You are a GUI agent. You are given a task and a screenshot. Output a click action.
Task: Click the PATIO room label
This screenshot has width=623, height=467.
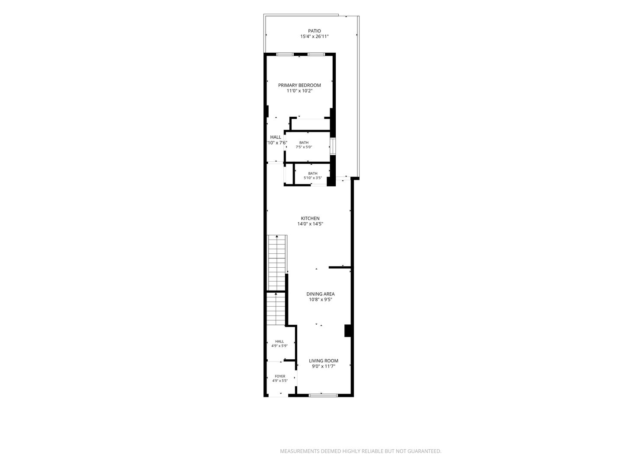tap(314, 31)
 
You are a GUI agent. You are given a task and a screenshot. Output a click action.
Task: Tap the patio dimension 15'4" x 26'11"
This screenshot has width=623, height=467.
tap(314, 37)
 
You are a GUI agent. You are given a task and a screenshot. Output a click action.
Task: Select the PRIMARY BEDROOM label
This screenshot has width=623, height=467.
tap(299, 85)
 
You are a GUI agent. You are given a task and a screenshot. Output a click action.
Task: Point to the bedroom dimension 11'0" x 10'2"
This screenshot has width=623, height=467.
tap(299, 91)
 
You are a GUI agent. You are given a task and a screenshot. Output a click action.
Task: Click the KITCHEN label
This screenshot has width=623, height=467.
tap(310, 218)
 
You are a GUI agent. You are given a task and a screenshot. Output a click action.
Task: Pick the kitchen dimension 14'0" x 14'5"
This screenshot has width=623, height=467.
tap(310, 224)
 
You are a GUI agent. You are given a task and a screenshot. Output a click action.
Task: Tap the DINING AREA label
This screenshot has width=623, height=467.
tap(320, 294)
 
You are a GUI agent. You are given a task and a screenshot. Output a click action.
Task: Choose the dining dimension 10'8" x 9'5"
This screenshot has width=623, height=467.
tap(320, 299)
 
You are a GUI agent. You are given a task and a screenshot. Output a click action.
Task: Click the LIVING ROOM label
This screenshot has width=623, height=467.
tap(323, 361)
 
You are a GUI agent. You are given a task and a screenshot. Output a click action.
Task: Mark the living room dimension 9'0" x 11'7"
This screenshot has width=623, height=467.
tap(323, 366)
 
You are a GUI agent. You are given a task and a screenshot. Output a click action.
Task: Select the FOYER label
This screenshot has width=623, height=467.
tap(280, 376)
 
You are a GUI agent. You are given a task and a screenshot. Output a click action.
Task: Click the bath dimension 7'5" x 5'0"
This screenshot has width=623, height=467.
tap(304, 147)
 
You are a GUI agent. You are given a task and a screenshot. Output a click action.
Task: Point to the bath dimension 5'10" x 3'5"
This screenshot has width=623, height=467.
tap(312, 178)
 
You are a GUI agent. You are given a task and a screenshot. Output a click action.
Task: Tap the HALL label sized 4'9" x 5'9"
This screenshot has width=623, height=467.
tap(279, 342)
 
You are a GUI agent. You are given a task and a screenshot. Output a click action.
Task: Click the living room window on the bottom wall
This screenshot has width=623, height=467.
tap(323, 395)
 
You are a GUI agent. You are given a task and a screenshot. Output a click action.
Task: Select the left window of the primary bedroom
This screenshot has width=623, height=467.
tap(285, 54)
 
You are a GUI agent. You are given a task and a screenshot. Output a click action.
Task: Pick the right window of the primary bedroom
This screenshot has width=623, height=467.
tap(316, 54)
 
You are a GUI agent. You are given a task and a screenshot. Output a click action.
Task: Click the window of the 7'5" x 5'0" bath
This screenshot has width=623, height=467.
tap(333, 146)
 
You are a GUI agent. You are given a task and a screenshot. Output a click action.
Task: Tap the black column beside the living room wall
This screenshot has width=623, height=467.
tap(348, 331)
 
